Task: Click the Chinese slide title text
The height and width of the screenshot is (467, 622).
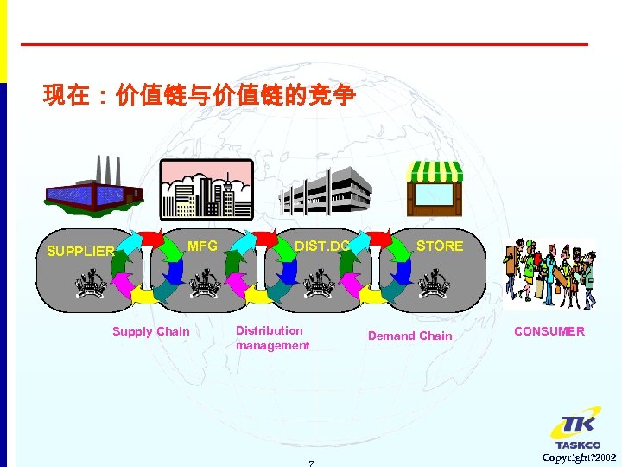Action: point(198,95)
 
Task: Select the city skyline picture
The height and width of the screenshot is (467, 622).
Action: point(206,189)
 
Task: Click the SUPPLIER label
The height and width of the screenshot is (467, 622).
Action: point(80,252)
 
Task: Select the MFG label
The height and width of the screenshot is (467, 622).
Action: point(202,246)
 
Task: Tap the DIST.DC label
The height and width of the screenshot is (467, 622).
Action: point(321,246)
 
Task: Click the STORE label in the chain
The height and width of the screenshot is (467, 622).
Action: point(440,246)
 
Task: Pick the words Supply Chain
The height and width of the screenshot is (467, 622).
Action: point(150,331)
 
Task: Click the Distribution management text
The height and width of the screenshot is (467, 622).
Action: point(272,338)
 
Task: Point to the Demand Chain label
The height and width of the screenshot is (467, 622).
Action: point(409,336)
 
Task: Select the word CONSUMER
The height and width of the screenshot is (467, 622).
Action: point(549,331)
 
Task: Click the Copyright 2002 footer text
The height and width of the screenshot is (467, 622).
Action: point(579,457)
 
